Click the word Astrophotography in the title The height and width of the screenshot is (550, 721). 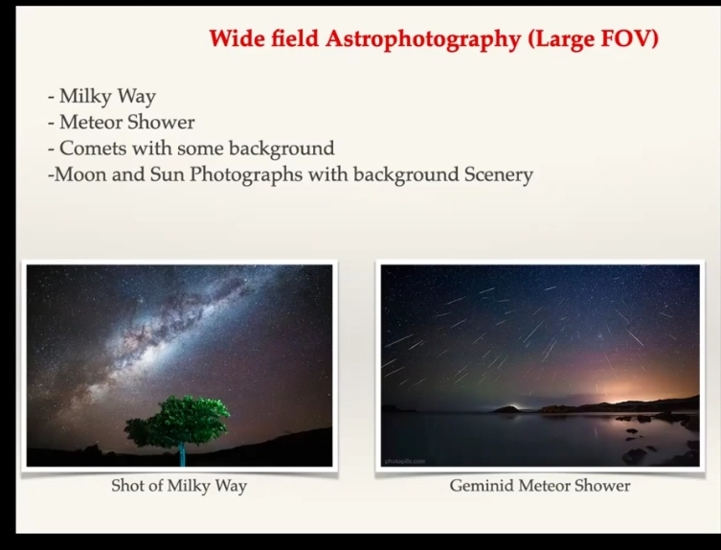(423, 39)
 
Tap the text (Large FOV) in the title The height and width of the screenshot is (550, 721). (594, 38)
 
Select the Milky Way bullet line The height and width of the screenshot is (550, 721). (101, 97)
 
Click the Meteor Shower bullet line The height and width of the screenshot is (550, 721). (121, 123)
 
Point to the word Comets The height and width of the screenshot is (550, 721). (93, 149)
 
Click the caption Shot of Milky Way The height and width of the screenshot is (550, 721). (179, 486)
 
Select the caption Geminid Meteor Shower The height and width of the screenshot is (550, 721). (540, 486)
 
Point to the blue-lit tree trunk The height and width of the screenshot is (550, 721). (182, 454)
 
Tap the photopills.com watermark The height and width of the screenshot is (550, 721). (405, 461)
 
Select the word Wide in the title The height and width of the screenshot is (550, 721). (237, 38)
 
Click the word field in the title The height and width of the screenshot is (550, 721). (294, 38)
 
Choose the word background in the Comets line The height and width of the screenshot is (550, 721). (282, 149)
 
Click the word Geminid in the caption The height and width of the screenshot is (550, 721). (482, 486)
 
